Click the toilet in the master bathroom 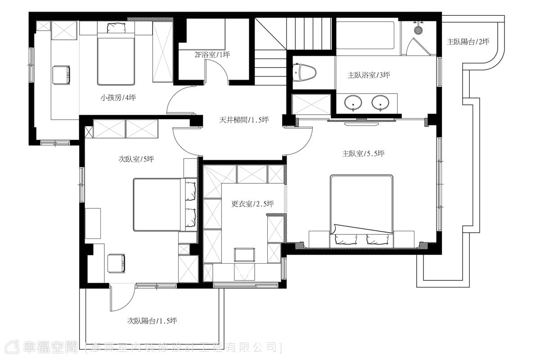[x=305, y=72]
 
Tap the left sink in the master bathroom [x=353, y=103]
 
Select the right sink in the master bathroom [x=380, y=103]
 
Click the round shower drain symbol [x=418, y=30]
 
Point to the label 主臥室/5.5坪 [x=363, y=153]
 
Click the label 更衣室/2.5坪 [x=252, y=204]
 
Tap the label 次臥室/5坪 [x=136, y=159]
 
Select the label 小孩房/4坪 [x=118, y=98]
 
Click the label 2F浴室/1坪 [x=212, y=55]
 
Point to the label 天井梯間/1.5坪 [x=244, y=120]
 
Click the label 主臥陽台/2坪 [x=468, y=42]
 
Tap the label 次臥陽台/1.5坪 [x=152, y=321]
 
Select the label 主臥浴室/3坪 [x=369, y=75]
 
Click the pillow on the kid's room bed [x=117, y=28]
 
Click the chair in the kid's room [x=62, y=75]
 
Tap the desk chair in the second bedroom [x=117, y=263]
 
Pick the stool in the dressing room [x=244, y=255]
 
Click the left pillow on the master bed [x=345, y=239]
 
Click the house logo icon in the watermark [x=12, y=347]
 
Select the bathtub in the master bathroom [x=365, y=35]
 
